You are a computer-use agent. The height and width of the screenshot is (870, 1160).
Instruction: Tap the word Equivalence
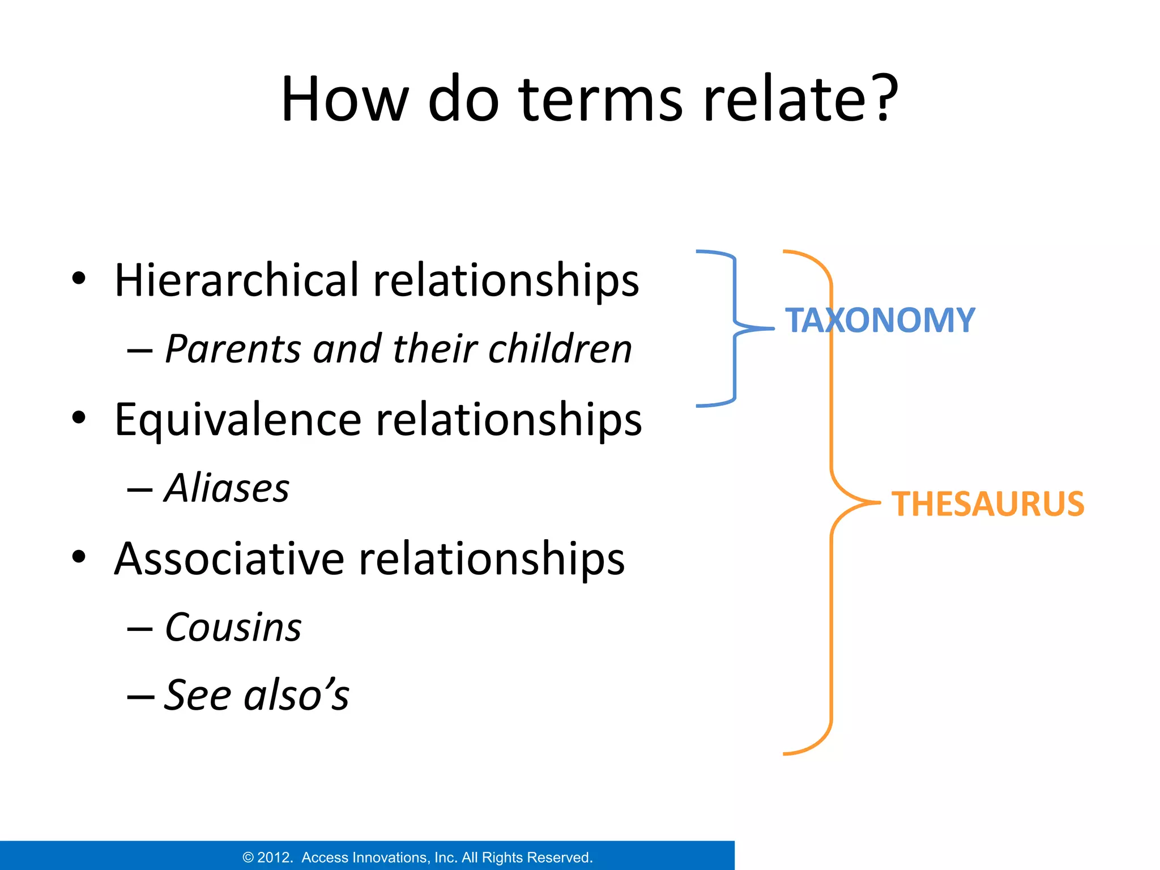tap(238, 420)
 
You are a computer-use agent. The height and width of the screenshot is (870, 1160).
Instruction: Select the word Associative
tap(229, 559)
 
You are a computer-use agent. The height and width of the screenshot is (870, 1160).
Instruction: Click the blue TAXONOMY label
tap(880, 321)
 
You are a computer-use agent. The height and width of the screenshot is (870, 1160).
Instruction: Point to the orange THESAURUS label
tap(987, 504)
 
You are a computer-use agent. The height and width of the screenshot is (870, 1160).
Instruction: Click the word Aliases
tap(227, 488)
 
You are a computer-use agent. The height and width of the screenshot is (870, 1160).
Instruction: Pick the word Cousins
tap(233, 628)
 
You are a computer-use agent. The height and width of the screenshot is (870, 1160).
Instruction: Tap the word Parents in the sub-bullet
tap(233, 349)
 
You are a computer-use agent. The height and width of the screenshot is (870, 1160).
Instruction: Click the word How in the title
tap(344, 99)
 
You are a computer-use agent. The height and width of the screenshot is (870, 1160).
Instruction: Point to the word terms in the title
tap(600, 99)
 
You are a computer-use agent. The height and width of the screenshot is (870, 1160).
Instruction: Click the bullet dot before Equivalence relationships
tap(79, 418)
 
